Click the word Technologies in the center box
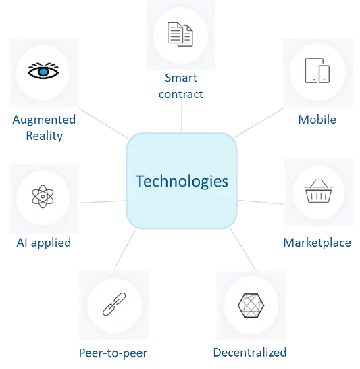[182, 181]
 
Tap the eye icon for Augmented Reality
[43, 70]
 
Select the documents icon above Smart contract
[180, 34]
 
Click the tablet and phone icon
[317, 70]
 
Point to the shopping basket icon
[318, 191]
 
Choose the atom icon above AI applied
[43, 196]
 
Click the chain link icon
[114, 304]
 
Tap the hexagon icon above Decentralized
[251, 305]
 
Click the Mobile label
[317, 120]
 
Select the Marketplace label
[317, 243]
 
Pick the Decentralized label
[250, 353]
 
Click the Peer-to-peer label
[113, 353]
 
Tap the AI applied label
[44, 243]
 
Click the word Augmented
[44, 120]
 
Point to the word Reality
[45, 136]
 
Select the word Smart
[181, 78]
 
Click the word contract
[181, 94]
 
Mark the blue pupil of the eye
[43, 72]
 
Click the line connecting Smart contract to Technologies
[182, 116]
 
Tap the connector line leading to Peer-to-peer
[125, 249]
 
